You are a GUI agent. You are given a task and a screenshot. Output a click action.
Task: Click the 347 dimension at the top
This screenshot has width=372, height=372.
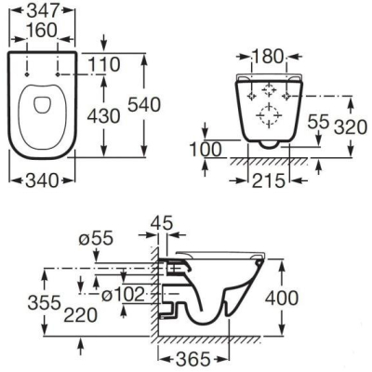(x=43, y=10)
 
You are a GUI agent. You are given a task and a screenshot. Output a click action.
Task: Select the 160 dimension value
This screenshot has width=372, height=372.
(x=43, y=31)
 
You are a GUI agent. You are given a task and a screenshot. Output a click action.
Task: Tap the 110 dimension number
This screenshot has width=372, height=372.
(x=103, y=64)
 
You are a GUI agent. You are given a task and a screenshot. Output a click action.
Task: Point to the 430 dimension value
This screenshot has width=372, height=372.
(x=103, y=116)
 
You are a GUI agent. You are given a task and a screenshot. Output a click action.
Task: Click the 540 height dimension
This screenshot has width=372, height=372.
(x=144, y=104)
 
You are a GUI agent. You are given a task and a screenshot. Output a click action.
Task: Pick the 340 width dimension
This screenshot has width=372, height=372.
(x=42, y=180)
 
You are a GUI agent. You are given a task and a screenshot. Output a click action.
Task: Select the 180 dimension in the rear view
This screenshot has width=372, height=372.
(x=269, y=57)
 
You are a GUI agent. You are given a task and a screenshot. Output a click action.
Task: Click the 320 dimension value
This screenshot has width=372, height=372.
(x=351, y=127)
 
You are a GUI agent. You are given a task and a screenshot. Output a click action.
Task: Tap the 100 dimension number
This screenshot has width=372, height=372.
(x=206, y=150)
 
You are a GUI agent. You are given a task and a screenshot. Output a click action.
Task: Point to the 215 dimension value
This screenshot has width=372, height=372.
(x=269, y=180)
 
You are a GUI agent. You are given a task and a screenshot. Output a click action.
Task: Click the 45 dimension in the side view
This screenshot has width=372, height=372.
(x=161, y=223)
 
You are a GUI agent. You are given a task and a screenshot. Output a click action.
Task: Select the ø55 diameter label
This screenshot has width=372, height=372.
(x=96, y=239)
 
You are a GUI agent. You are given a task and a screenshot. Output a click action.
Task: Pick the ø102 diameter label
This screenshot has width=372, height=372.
(x=123, y=294)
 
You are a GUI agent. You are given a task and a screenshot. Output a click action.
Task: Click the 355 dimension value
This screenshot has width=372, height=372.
(x=44, y=302)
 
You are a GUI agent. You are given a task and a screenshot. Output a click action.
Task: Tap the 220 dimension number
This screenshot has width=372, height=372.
(x=81, y=315)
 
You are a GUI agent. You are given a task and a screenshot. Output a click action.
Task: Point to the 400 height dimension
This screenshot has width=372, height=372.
(x=282, y=298)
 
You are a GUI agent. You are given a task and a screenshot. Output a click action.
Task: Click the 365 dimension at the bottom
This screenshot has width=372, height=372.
(x=193, y=359)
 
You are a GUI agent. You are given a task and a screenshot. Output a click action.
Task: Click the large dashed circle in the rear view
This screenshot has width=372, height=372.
(x=269, y=115)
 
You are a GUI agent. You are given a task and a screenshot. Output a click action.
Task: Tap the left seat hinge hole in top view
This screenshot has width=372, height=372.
(x=27, y=74)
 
